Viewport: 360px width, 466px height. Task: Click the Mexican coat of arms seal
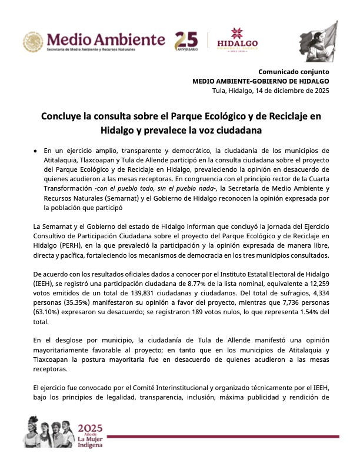point(34,42)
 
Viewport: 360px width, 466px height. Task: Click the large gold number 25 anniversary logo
point(186,40)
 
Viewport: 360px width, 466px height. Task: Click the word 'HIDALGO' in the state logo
point(238,44)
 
